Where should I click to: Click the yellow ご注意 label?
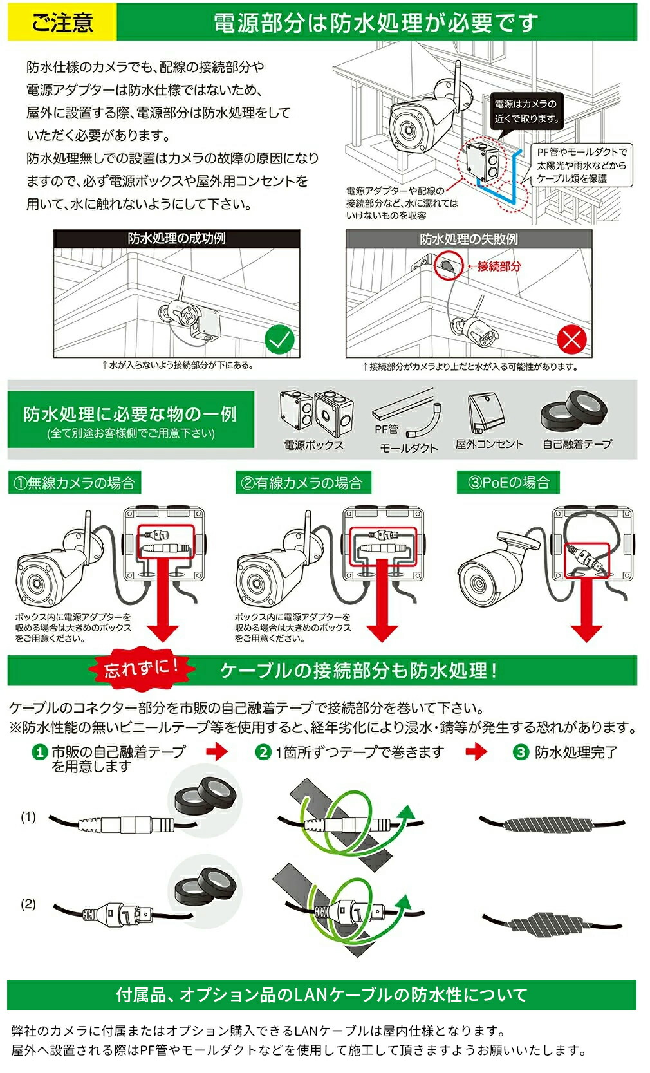(x=62, y=22)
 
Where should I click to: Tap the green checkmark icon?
(x=279, y=339)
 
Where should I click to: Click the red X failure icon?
(x=571, y=339)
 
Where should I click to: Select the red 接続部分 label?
(x=499, y=266)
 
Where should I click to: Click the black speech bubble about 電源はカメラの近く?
(x=526, y=111)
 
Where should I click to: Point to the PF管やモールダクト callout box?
(x=582, y=165)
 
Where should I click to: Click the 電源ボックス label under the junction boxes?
(x=313, y=445)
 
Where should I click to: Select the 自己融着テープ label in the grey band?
(x=577, y=444)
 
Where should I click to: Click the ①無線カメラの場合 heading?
(x=75, y=483)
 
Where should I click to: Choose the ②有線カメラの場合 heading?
(x=302, y=483)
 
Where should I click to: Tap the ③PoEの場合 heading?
(x=508, y=482)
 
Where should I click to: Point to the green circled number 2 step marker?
(x=263, y=752)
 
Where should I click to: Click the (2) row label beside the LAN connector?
(x=28, y=904)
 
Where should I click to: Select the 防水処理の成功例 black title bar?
(x=176, y=239)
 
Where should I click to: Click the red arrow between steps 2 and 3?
(x=476, y=751)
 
